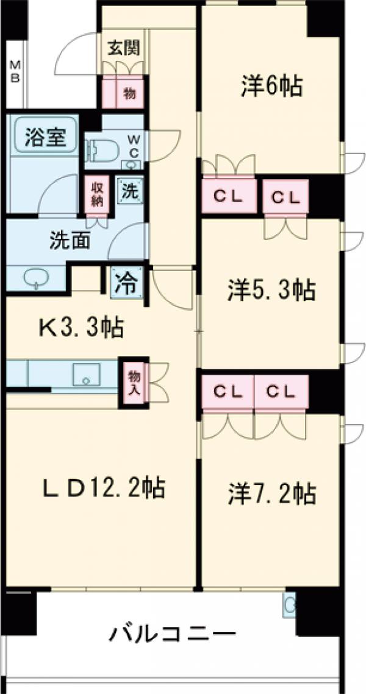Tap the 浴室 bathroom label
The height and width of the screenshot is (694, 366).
42,137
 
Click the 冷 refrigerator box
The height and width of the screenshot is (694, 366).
127,283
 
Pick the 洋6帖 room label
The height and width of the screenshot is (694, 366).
271,87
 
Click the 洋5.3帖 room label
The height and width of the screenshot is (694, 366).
271,291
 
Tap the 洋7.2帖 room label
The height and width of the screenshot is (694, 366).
272,492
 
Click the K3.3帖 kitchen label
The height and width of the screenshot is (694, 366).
82,328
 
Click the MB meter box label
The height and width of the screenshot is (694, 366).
15,71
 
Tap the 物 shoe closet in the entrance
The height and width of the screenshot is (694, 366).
129,93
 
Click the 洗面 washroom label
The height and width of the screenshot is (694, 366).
70,240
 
